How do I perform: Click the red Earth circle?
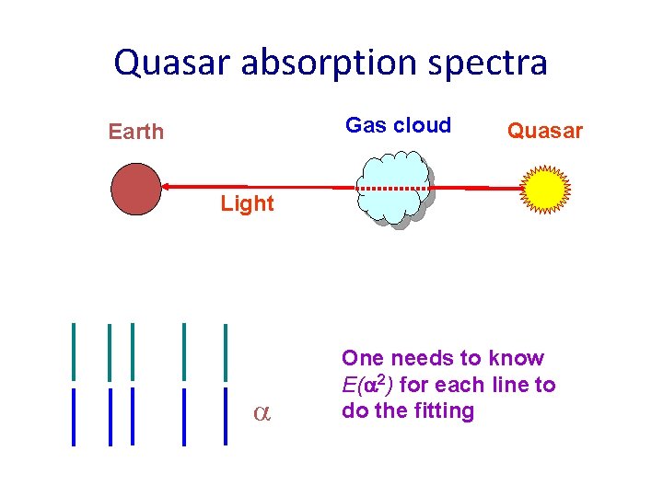tap(135, 189)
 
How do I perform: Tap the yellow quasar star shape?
tap(545, 189)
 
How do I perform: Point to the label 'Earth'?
tap(135, 132)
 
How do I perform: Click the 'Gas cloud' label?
tap(398, 125)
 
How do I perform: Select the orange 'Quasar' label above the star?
tap(545, 132)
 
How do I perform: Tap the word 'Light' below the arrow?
tap(247, 203)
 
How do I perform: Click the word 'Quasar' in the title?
tap(170, 63)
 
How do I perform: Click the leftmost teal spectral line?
tap(74, 351)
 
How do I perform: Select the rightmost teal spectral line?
tap(226, 351)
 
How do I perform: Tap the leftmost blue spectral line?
tap(74, 416)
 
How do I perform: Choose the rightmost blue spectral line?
tap(226, 416)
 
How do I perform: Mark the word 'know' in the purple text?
tap(516, 357)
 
